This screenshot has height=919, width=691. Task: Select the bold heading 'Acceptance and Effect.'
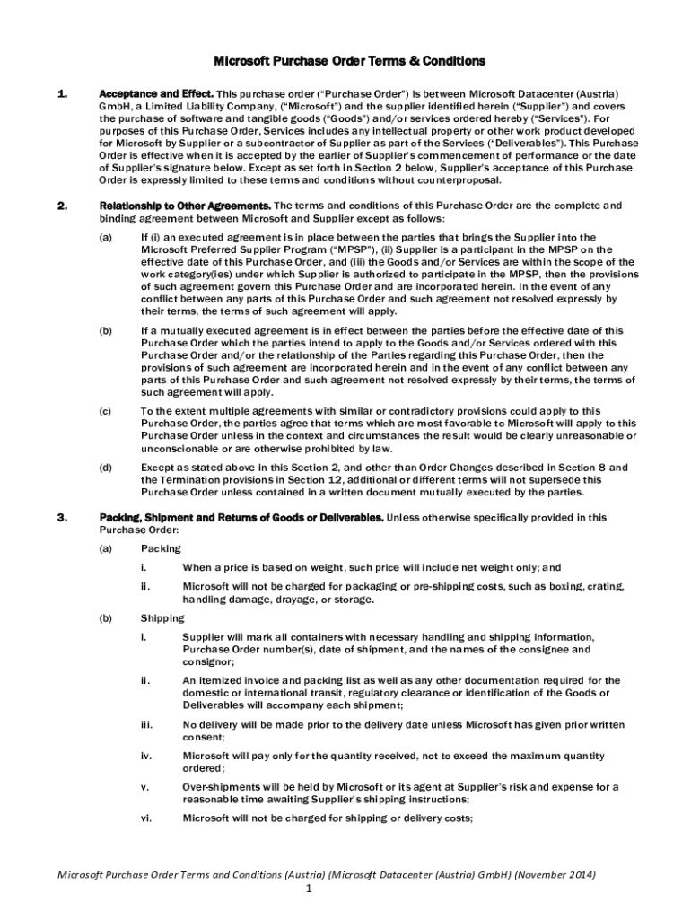(x=154, y=94)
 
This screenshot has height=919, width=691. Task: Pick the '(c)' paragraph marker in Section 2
(x=106, y=411)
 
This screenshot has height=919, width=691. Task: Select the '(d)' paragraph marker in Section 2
(x=106, y=468)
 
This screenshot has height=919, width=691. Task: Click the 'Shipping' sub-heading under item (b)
(x=162, y=617)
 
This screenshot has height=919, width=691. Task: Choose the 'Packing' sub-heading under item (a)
(x=161, y=547)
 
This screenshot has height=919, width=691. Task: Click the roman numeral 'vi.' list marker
(x=146, y=818)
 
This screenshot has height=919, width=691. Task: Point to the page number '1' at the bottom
(x=308, y=889)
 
